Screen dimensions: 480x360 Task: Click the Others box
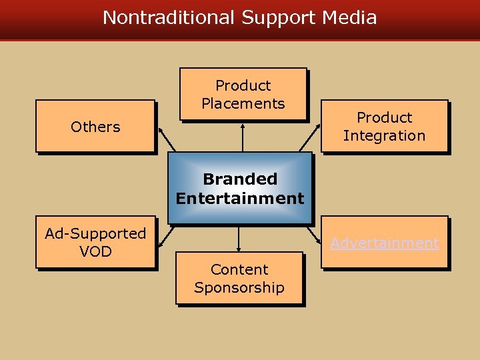click(x=95, y=127)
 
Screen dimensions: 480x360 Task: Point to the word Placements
click(x=243, y=103)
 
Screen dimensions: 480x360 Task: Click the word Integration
click(x=384, y=135)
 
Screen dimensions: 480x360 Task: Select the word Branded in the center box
click(x=240, y=179)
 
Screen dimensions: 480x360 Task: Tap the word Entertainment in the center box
click(x=240, y=198)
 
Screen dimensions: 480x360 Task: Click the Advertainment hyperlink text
click(x=385, y=243)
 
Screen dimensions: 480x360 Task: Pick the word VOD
click(x=95, y=251)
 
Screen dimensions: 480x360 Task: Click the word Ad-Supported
click(x=95, y=233)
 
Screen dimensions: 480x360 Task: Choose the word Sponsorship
click(x=239, y=287)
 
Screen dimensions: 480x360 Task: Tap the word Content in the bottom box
click(x=239, y=269)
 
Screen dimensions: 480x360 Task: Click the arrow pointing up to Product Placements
click(x=243, y=137)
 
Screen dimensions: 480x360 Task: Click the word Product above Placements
click(x=243, y=85)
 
